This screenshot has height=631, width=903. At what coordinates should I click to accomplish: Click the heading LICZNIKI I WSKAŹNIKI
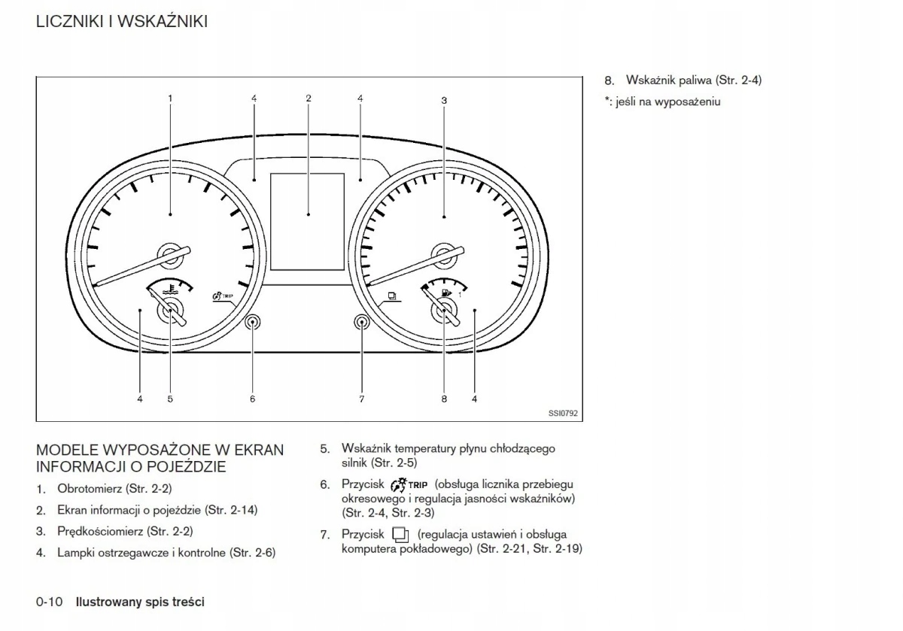pyautogui.click(x=122, y=22)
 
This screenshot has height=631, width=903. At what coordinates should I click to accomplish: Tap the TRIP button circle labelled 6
pyautogui.click(x=253, y=323)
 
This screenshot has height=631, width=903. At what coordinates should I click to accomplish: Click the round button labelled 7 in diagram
pyautogui.click(x=362, y=323)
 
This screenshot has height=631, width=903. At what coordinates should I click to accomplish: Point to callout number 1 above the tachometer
pyautogui.click(x=170, y=99)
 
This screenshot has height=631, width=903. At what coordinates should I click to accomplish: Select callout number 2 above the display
pyautogui.click(x=309, y=99)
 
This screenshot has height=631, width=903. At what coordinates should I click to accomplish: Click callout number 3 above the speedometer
pyautogui.click(x=444, y=100)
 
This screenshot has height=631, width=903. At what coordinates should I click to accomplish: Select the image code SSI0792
pyautogui.click(x=563, y=412)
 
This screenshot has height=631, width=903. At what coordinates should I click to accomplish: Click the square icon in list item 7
pyautogui.click(x=400, y=535)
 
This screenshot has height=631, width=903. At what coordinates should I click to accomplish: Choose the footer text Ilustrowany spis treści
pyautogui.click(x=140, y=602)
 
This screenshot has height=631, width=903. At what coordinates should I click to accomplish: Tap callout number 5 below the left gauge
pyautogui.click(x=170, y=399)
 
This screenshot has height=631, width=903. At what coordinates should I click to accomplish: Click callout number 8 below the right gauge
pyautogui.click(x=444, y=399)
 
